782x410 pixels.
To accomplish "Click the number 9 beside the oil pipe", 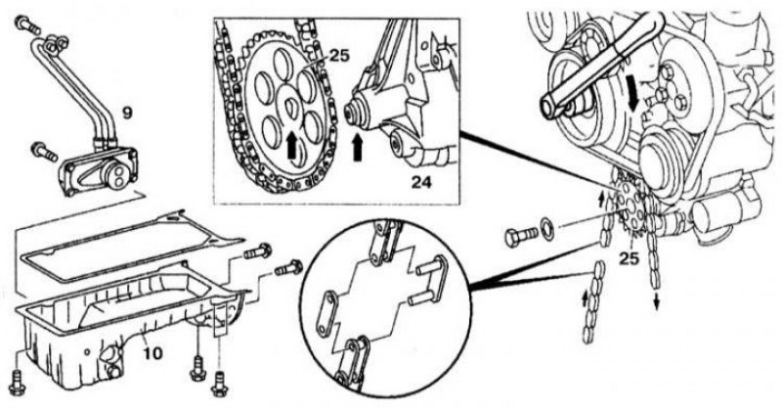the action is point(127,114).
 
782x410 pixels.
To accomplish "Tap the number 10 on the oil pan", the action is point(152,353).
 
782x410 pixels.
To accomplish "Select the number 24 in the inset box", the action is point(421,182).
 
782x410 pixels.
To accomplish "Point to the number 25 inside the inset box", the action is point(339,55).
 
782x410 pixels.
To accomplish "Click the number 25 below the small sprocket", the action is point(629,259).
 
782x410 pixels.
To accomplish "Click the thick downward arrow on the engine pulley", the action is point(634,97).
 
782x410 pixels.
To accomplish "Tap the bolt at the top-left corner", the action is point(28,24).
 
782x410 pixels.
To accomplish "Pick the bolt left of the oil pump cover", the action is point(44,152).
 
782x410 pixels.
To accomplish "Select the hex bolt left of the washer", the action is point(520,236).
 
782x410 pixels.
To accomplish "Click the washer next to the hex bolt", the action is point(547,226).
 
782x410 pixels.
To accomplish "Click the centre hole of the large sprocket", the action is point(290,106).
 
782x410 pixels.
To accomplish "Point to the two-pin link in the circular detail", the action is point(426,280).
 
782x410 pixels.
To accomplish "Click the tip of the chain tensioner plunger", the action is point(349,109).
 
